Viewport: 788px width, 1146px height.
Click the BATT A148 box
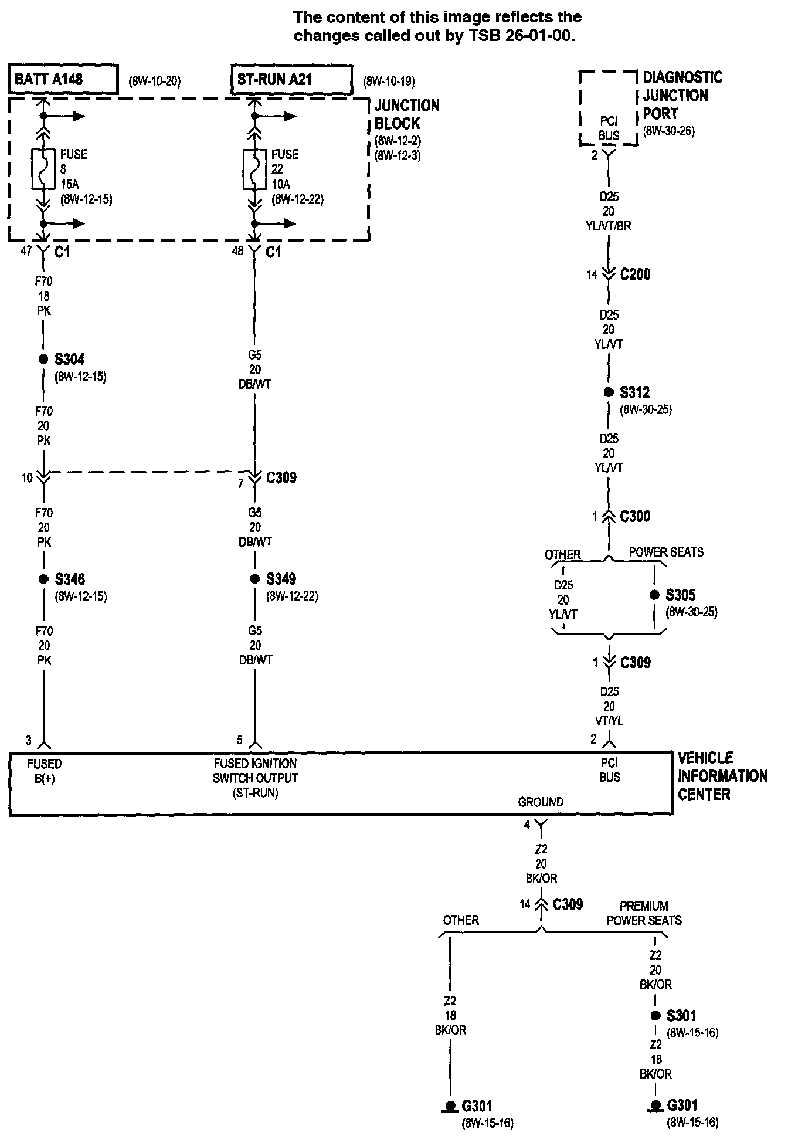coord(63,79)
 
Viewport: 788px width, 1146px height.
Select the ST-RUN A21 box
coord(291,79)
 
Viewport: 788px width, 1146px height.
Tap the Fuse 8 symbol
coord(43,169)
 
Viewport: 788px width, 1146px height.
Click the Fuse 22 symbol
coord(254,169)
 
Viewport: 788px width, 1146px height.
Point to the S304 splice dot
coord(43,360)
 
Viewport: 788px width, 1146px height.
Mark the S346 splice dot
coord(43,579)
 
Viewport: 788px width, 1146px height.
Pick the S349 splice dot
coord(254,579)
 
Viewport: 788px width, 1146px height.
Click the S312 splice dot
coord(609,392)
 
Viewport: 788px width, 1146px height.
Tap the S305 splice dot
coord(654,595)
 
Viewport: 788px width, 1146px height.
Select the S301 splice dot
coord(655,1016)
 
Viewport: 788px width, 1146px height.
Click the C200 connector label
coord(635,274)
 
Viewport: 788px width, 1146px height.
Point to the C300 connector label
coord(635,517)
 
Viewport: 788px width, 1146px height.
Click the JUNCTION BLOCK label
coord(406,115)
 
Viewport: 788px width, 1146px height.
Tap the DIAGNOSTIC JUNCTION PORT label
coord(682,95)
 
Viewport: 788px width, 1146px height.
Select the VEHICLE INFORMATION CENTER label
coord(722,776)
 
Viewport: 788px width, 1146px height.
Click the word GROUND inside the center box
coord(541,802)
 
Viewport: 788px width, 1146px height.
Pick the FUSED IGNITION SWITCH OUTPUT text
coord(255,778)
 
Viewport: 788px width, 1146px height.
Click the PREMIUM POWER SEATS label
coord(644,913)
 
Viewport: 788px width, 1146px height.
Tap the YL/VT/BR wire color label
coord(609,226)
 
